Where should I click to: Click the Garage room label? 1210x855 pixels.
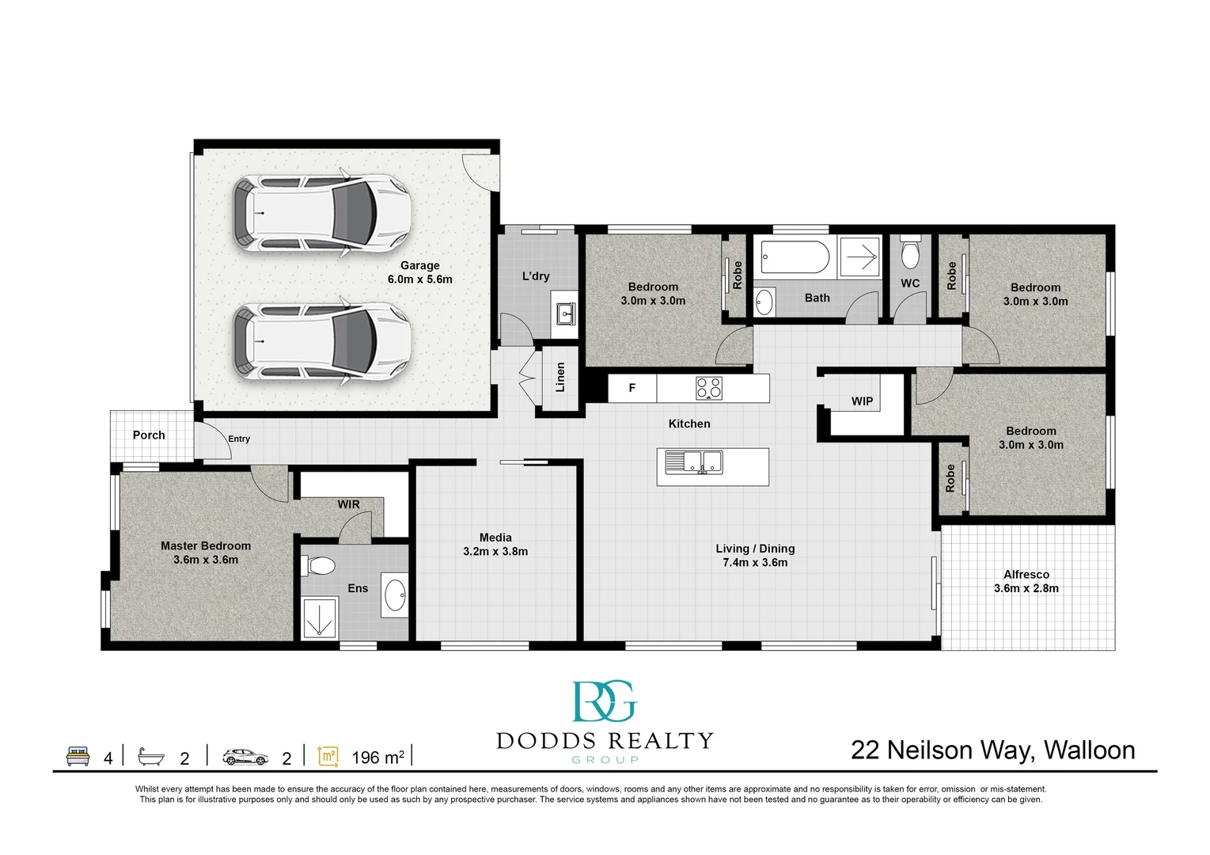419,265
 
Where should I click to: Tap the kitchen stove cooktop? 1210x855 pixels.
709,387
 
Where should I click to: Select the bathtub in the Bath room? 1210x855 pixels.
795,257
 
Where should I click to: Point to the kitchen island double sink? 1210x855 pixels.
694,462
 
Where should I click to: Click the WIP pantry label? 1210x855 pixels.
862,401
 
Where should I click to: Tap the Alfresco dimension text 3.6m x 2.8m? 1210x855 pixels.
1026,588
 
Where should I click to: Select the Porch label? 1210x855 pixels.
149,435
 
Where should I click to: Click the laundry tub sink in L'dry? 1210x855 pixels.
566,313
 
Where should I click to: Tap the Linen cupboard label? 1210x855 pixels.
560,378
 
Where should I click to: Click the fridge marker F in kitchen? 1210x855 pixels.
632,387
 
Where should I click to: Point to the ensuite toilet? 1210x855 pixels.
321,566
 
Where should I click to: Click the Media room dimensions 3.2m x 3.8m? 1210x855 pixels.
495,551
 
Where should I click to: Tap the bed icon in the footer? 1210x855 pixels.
78,756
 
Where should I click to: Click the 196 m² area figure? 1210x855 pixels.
378,757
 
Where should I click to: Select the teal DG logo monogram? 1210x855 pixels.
605,701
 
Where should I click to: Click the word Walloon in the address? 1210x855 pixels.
1090,750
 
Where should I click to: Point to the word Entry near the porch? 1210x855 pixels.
239,439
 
